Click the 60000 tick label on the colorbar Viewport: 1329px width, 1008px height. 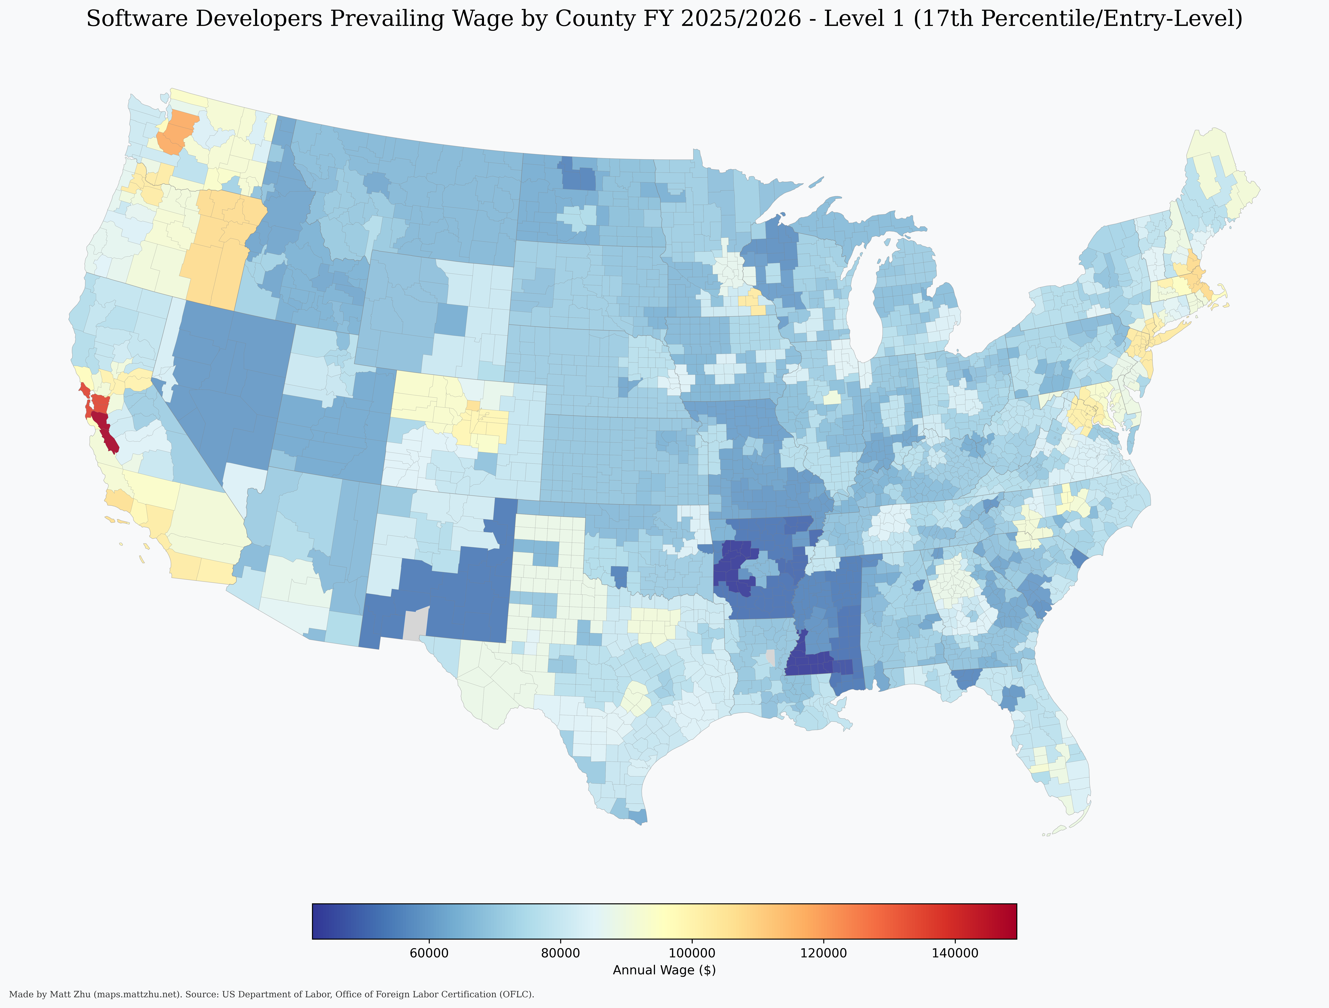click(x=429, y=953)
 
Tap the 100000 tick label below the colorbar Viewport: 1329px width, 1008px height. click(x=692, y=953)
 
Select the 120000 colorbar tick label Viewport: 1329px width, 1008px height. click(x=823, y=953)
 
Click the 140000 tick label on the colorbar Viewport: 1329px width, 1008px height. click(x=955, y=953)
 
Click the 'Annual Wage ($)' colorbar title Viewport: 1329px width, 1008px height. click(x=664, y=970)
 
